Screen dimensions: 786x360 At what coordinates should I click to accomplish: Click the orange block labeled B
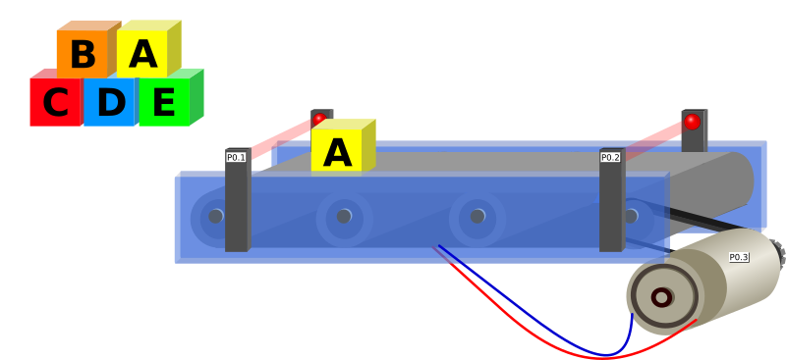[84, 54]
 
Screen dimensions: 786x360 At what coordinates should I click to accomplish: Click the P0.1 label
[236, 157]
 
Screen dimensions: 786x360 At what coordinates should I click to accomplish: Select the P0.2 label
[610, 157]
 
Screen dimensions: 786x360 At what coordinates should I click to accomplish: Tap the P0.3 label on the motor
[739, 257]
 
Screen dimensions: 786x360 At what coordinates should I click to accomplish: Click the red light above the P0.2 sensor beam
[692, 122]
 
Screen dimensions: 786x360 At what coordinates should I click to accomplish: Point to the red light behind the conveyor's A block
[320, 119]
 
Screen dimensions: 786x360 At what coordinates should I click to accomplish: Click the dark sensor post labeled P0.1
[237, 200]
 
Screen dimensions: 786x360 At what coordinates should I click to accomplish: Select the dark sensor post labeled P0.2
[611, 200]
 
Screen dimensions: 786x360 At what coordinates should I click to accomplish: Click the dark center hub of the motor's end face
[661, 297]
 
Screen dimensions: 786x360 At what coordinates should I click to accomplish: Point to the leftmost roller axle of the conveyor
[216, 217]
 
